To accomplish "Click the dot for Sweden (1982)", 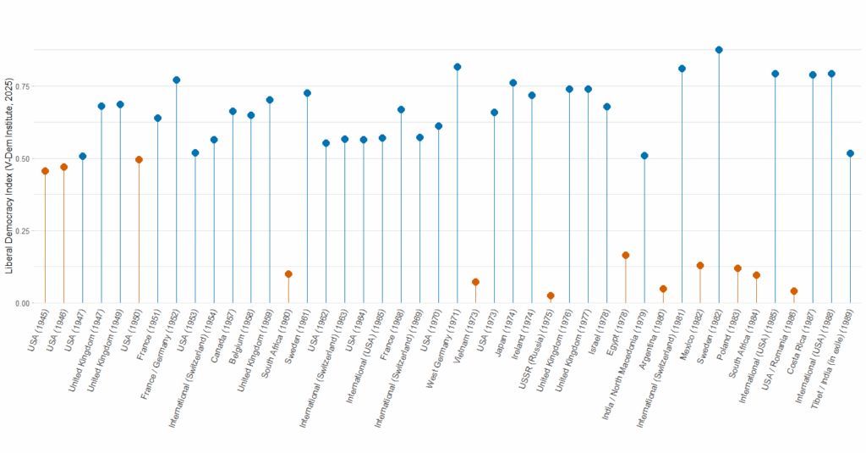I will (719, 50).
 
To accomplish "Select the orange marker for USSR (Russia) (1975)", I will (551, 296).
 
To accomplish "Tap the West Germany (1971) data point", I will (457, 67).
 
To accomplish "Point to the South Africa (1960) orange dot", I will (288, 274).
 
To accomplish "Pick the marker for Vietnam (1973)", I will (475, 282).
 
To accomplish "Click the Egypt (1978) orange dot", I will (626, 255).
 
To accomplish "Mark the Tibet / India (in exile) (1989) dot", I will (850, 153).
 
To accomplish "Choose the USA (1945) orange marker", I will (45, 171).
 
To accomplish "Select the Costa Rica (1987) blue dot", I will (813, 75).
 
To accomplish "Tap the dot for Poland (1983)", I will (737, 268).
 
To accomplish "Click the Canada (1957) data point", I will (233, 111).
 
